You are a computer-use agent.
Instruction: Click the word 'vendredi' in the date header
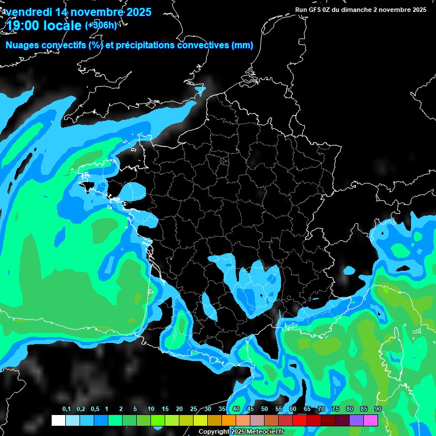[x=28, y=12]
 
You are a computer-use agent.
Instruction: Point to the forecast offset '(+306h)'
[x=100, y=25]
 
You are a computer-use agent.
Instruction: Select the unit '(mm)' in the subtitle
[x=242, y=45]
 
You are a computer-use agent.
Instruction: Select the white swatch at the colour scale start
[x=58, y=420]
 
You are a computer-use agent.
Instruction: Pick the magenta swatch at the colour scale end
[x=371, y=420]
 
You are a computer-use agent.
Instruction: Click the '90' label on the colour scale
[x=378, y=409]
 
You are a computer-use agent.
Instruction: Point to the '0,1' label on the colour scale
[x=66, y=409]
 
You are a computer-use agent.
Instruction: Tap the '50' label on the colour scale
[x=265, y=409]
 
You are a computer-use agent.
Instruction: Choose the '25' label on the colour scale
[x=194, y=409]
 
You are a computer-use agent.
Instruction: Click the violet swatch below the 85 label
[x=357, y=420]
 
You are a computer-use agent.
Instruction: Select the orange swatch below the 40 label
[x=229, y=420]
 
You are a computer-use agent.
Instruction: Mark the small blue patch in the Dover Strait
[x=199, y=90]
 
